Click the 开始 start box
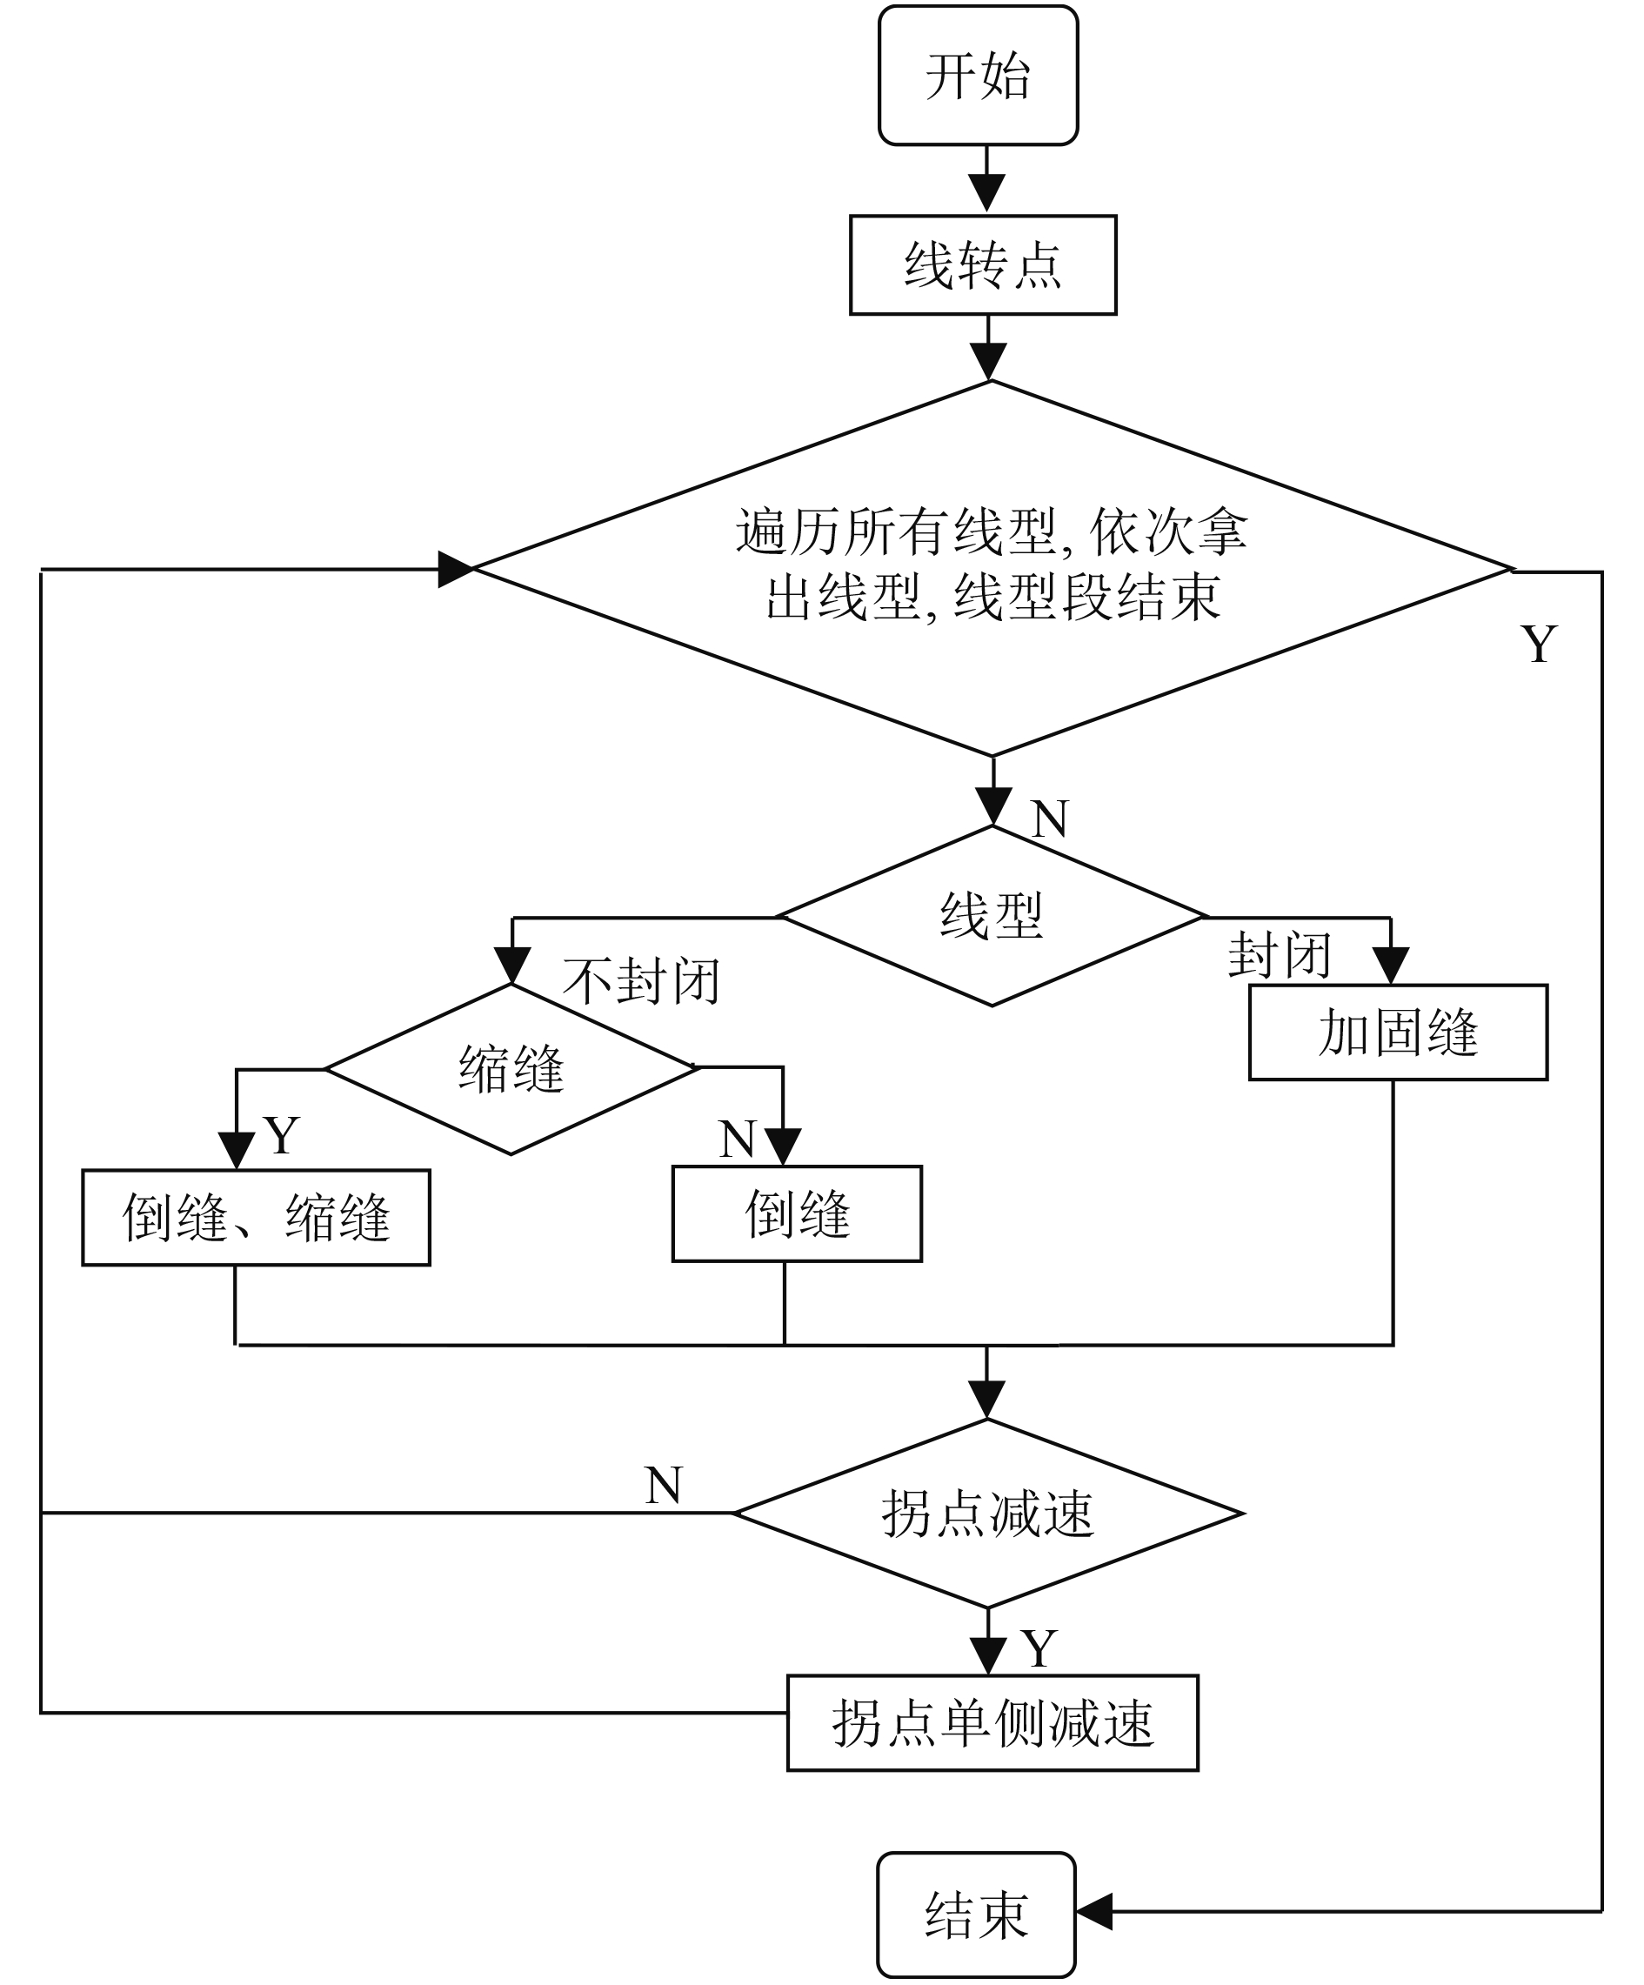978,76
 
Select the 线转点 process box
983,264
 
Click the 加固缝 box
1398,1033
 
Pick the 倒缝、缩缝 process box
257,1218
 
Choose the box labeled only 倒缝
797,1213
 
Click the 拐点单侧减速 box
992,1722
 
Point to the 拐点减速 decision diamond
988,1514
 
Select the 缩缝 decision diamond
511,1069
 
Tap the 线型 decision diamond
992,916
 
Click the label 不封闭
642,980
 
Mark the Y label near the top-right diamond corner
1538,645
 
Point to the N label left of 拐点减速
663,1485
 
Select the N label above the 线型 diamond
1049,819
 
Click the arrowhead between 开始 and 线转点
987,194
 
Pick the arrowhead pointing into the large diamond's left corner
456,569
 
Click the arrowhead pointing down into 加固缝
1391,965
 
